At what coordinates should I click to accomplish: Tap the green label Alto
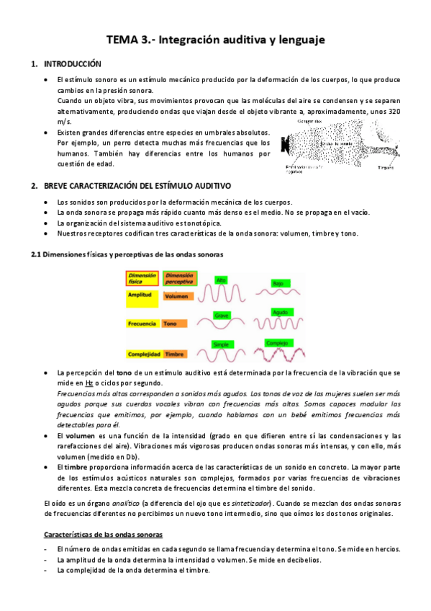click(x=222, y=279)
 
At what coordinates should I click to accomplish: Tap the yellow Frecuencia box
click(x=142, y=324)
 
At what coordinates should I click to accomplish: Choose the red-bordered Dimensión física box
click(x=142, y=279)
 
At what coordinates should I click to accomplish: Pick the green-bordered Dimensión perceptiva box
click(x=180, y=279)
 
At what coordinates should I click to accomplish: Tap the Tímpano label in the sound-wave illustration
click(x=385, y=167)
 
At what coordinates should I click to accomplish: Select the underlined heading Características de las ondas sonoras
click(x=104, y=535)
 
